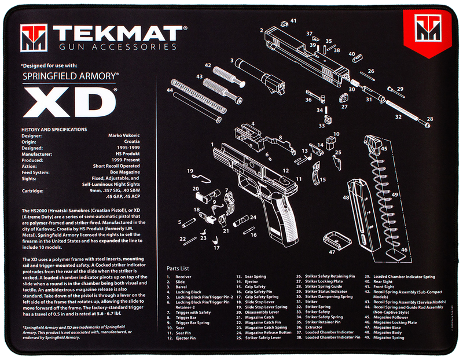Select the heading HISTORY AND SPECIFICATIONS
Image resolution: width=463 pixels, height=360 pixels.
pyautogui.click(x=54, y=130)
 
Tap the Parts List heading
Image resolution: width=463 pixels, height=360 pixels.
pyautogui.click(x=178, y=269)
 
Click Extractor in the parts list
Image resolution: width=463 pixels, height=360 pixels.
pyautogui.click(x=311, y=328)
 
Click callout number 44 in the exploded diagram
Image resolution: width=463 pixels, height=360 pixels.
pyautogui.click(x=170, y=90)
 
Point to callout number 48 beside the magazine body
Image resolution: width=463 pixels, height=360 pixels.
pyautogui.click(x=346, y=197)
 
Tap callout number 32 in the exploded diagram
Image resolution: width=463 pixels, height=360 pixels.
pyautogui.click(x=398, y=116)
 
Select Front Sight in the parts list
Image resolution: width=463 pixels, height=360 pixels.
pyautogui.click(x=384, y=287)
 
